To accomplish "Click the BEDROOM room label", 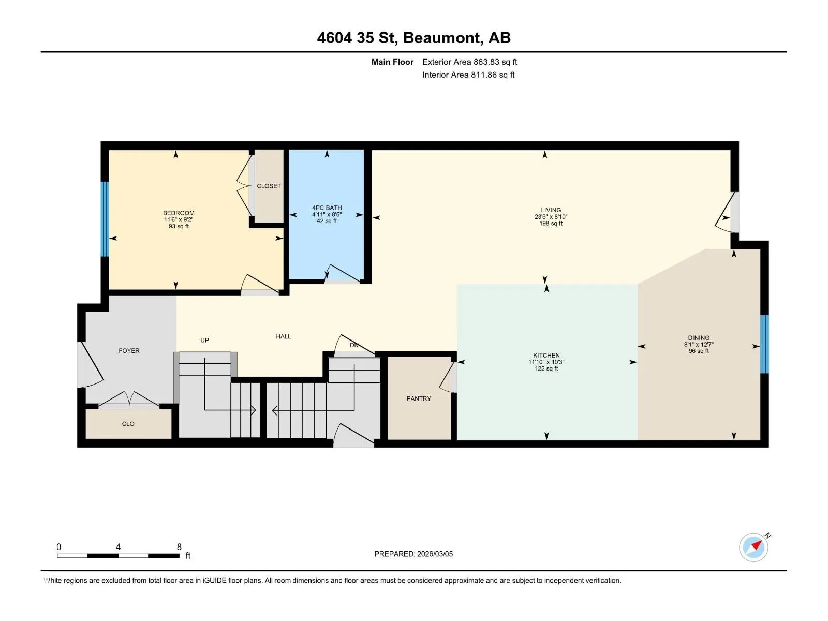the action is (x=179, y=213).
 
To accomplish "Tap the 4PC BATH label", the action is (x=327, y=208).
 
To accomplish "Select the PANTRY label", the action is (x=418, y=398).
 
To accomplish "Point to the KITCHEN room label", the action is (x=546, y=355).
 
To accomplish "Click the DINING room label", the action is (x=699, y=338).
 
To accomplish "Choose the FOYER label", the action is (x=129, y=351).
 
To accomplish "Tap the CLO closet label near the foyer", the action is (x=128, y=424).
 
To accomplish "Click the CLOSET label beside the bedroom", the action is (x=269, y=186).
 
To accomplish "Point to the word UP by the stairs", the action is (x=204, y=340).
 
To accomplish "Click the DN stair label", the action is (x=354, y=345).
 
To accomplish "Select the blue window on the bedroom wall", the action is (x=105, y=219).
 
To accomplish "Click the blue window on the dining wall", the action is (x=764, y=344).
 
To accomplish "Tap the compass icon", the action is (x=753, y=547).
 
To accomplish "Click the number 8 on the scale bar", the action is (x=179, y=546).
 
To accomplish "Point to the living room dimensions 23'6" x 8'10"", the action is (x=551, y=217).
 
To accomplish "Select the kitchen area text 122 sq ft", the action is (x=546, y=369).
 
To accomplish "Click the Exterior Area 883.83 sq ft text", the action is (x=470, y=62).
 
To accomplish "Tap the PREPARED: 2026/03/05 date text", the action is (x=413, y=554).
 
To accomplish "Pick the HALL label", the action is (x=283, y=336).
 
